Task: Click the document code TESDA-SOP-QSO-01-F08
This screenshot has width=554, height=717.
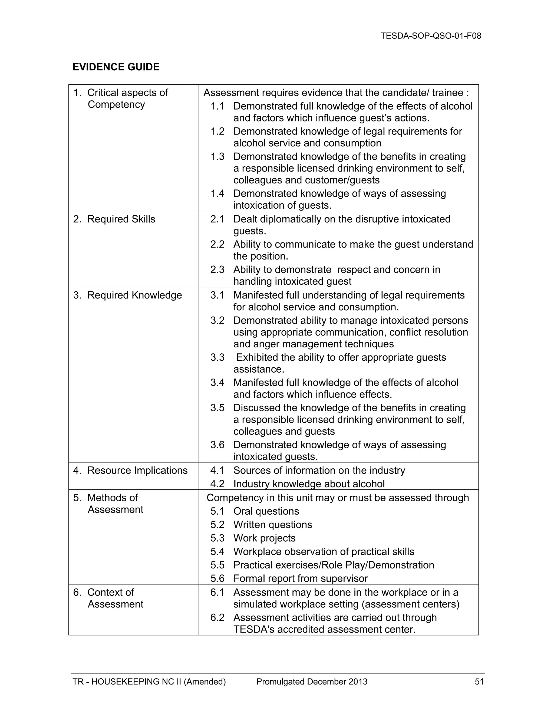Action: [x=431, y=36]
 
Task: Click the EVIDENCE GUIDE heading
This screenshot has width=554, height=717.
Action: [x=116, y=67]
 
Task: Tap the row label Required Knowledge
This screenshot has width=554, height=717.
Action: [x=134, y=295]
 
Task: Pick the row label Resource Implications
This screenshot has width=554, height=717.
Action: [x=137, y=471]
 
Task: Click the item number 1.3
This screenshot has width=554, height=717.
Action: [x=217, y=157]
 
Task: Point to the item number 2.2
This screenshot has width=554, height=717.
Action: [x=217, y=244]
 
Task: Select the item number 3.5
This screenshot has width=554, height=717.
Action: [x=217, y=408]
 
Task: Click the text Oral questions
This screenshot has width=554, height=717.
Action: [x=266, y=511]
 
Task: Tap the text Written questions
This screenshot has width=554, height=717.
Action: [x=272, y=525]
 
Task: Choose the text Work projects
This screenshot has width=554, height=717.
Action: [x=264, y=538]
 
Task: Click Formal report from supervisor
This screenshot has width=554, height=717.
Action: [x=300, y=578]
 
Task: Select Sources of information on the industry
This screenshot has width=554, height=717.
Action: [x=319, y=471]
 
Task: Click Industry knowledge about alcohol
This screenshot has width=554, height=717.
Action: [x=309, y=484]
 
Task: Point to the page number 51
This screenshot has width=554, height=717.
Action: [x=479, y=682]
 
